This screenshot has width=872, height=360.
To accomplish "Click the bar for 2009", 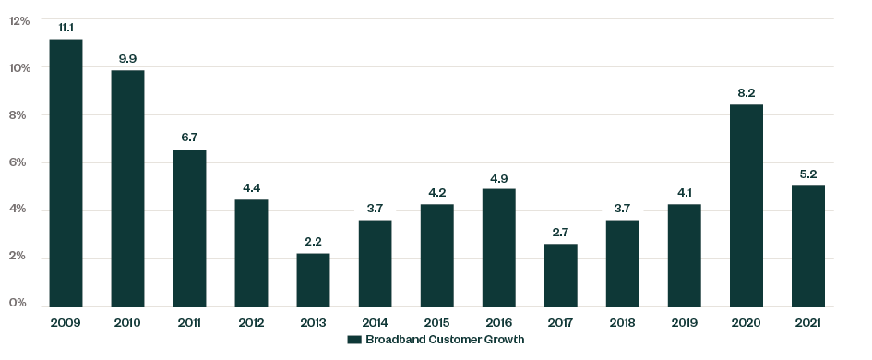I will (x=66, y=174).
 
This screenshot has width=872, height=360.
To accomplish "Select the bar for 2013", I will (x=313, y=280).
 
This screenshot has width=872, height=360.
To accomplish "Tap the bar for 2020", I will (x=746, y=206).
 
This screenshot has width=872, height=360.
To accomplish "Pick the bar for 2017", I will (x=560, y=275).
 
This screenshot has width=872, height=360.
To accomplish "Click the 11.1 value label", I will (x=66, y=28).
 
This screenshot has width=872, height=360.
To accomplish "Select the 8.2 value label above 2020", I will (x=746, y=92).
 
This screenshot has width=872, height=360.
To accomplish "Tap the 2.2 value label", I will (x=313, y=241).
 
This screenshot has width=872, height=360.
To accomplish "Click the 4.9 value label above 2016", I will (x=498, y=177).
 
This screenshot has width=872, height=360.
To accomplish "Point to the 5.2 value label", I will (x=807, y=173).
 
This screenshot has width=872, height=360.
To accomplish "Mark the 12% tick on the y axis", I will (x=19, y=20).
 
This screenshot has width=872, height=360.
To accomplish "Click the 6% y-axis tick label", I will (x=20, y=162).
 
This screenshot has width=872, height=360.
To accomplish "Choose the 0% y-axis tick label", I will (x=20, y=304).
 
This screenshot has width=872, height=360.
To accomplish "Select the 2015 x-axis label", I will (x=436, y=322).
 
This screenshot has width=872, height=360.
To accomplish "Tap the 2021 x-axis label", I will (x=807, y=322).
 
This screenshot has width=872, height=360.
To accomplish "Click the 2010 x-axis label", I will (x=127, y=322).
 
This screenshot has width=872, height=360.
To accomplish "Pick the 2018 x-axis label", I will (x=622, y=322).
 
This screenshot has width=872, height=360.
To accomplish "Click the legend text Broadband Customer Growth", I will (x=445, y=340).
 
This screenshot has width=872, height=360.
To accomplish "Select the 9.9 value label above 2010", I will (x=127, y=58).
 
